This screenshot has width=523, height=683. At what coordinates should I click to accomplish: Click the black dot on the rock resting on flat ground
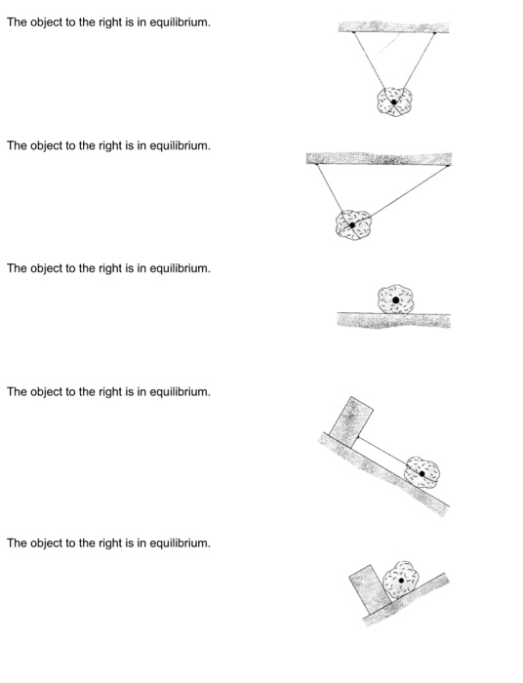395,300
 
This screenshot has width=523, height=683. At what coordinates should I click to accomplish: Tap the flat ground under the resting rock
394,320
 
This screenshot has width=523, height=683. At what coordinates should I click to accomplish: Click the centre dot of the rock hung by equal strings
393,102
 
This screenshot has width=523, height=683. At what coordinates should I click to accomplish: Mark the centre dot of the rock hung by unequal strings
352,225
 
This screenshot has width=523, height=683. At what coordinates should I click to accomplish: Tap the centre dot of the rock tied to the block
422,473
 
